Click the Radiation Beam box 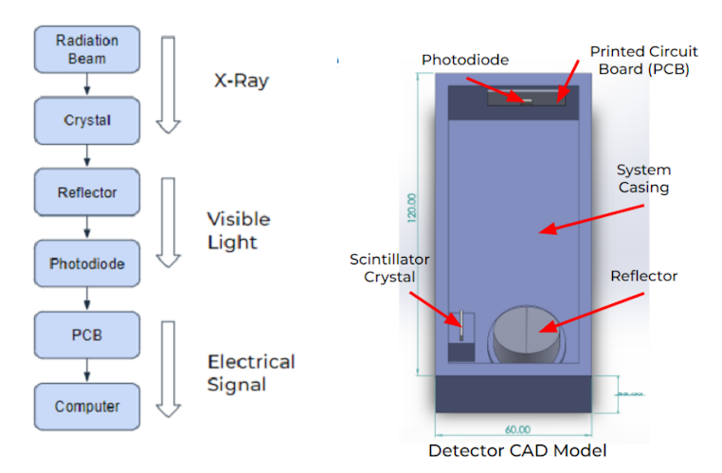(87, 49)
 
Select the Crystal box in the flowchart (87, 120)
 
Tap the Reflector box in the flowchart (87, 192)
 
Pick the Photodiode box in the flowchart (87, 264)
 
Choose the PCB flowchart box (87, 335)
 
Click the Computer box (87, 407)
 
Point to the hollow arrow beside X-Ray (168, 84)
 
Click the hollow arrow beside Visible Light (168, 223)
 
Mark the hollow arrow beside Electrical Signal (168, 369)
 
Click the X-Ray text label (242, 81)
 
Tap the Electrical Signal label (250, 373)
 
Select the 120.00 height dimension (411, 209)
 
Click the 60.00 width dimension (517, 429)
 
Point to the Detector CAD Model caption (517, 450)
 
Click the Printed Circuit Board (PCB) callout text (643, 60)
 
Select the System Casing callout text (643, 178)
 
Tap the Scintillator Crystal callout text (389, 267)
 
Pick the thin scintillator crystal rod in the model (461, 325)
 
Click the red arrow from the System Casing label (591, 219)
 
